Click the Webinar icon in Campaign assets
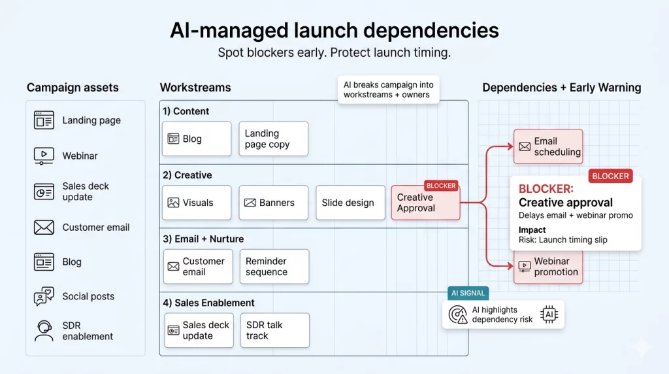point(44,156)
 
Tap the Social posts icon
point(44,296)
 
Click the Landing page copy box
point(273,139)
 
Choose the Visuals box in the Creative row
point(197,203)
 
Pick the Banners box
point(273,203)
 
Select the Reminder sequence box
point(274,266)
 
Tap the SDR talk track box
point(274,330)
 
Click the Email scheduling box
point(547,146)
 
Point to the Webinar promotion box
point(547,266)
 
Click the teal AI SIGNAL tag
point(468,293)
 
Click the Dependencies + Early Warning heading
point(561,88)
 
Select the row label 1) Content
point(186,111)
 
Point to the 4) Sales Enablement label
point(208,303)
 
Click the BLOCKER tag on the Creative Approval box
point(441,186)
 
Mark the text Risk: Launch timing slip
point(563,240)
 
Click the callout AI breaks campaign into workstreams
point(388,90)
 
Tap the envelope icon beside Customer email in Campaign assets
point(44,228)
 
